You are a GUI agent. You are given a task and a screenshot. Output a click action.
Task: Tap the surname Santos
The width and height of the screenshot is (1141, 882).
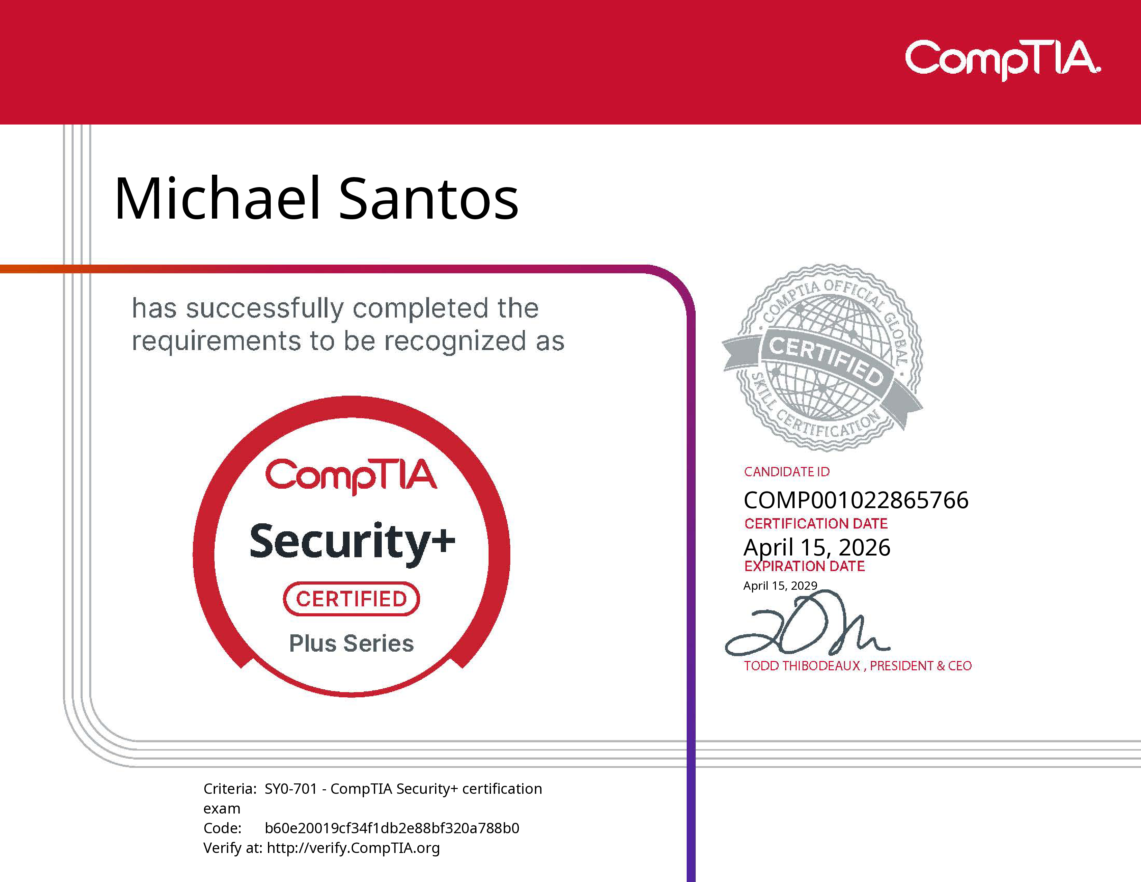click(428, 199)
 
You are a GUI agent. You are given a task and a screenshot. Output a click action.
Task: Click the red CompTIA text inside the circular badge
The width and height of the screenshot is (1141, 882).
click(351, 476)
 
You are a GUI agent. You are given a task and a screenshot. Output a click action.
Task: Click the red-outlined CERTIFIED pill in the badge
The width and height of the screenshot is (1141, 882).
click(351, 599)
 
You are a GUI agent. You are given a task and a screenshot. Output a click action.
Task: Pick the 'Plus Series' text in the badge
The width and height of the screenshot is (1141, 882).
click(351, 643)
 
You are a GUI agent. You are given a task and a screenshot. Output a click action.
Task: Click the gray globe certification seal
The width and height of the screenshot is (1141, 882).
click(823, 358)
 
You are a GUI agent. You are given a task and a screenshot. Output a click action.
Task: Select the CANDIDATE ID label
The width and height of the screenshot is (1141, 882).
click(786, 472)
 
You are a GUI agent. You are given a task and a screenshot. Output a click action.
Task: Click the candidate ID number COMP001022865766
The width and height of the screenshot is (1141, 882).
click(856, 500)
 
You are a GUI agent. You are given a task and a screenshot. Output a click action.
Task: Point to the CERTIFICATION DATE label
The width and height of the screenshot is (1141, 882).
click(816, 524)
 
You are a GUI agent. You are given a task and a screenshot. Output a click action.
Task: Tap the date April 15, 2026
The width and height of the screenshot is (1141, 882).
click(817, 547)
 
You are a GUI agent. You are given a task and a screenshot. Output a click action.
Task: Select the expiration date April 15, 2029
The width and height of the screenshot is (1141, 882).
click(780, 586)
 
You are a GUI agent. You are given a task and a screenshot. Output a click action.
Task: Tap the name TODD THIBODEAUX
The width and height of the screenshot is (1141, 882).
click(801, 666)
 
